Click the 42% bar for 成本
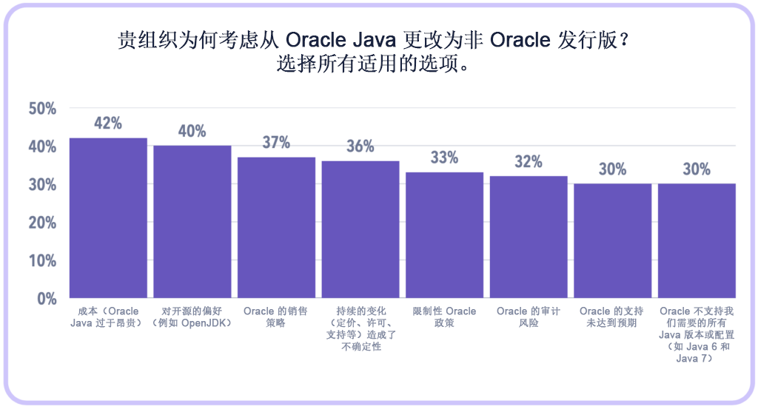(108, 217)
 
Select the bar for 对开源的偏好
(192, 221)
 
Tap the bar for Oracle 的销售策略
(276, 227)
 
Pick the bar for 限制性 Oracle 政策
(444, 234)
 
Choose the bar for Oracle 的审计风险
(529, 237)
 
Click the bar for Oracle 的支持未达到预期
(613, 240)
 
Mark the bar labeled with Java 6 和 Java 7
(697, 240)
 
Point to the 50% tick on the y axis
(42, 109)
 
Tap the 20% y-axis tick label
(42, 223)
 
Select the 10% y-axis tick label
(42, 260)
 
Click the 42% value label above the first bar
(108, 124)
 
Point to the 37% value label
(276, 143)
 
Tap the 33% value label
(444, 158)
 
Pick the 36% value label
(360, 146)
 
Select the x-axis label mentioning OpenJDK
(192, 317)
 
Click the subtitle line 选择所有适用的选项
(375, 64)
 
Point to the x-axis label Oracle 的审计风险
(529, 317)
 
